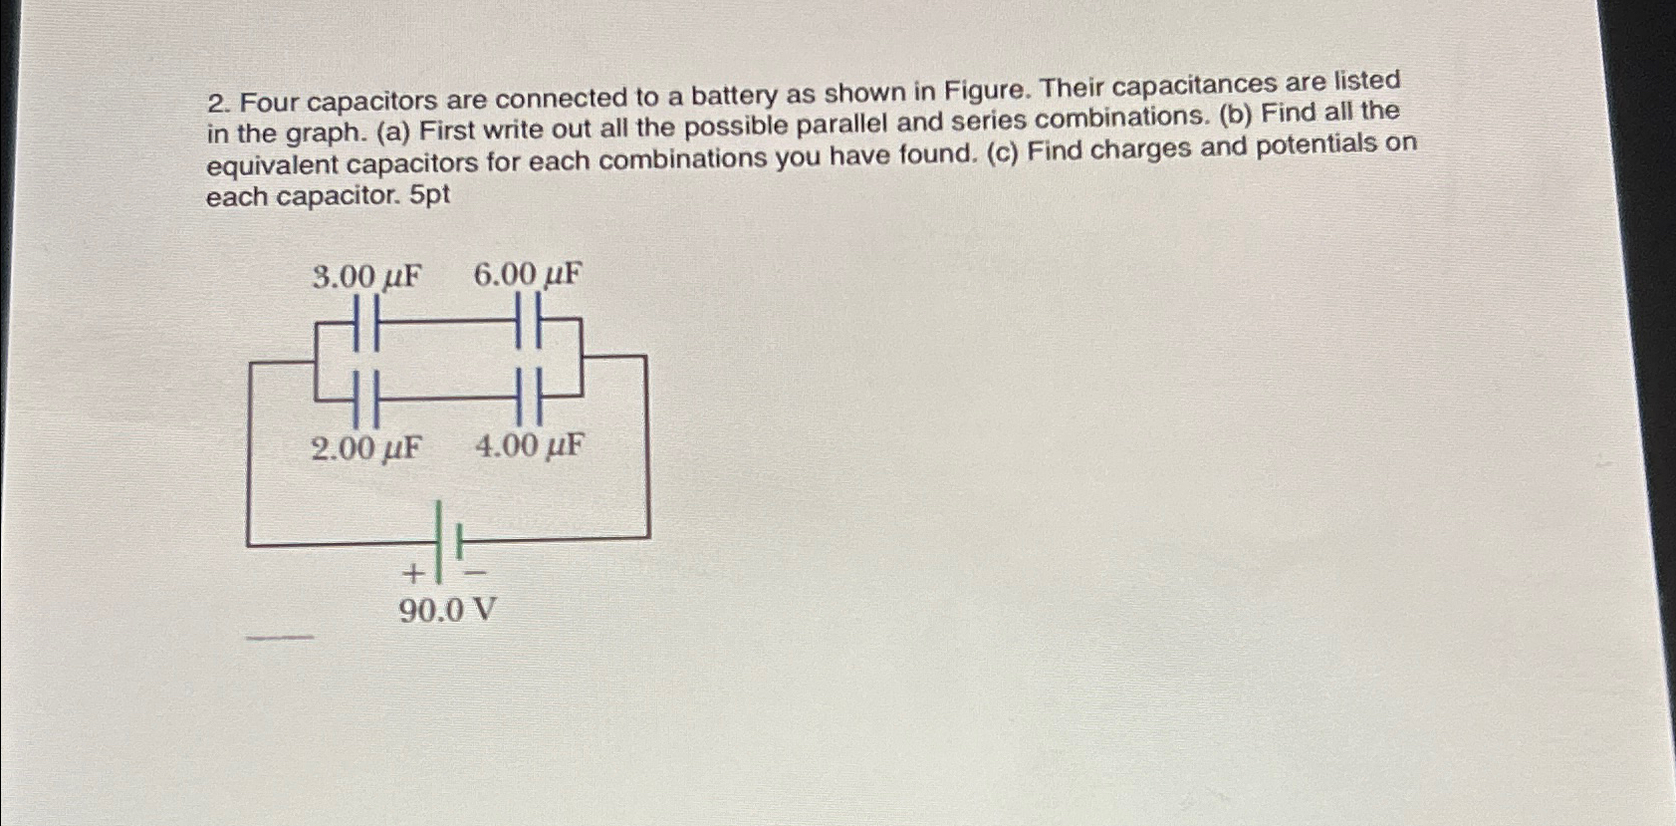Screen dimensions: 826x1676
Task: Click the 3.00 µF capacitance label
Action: coord(365,276)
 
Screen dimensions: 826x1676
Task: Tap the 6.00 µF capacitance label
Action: coord(527,274)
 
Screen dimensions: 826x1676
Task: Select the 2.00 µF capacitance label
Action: coord(365,448)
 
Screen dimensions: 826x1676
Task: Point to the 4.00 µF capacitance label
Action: coord(529,445)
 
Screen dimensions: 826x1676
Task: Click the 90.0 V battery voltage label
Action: coord(447,610)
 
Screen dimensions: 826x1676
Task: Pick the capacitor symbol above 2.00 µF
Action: coord(364,397)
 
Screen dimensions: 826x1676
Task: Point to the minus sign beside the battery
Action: coord(476,573)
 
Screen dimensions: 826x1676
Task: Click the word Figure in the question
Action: coord(988,91)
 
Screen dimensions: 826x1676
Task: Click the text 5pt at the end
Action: coord(429,195)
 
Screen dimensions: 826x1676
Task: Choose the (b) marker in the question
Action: coord(1236,115)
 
